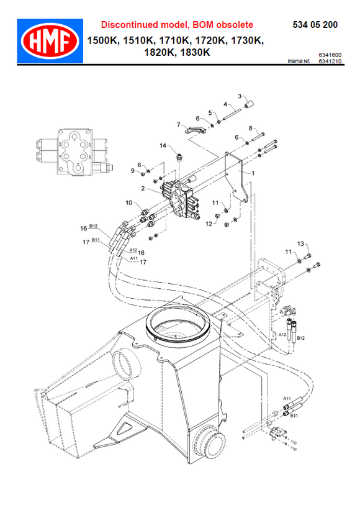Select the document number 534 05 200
[315, 25]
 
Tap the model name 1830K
[194, 53]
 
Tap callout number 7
[178, 124]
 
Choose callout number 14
[164, 145]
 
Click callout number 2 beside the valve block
[143, 188]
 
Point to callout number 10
[128, 202]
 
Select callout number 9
[132, 170]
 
